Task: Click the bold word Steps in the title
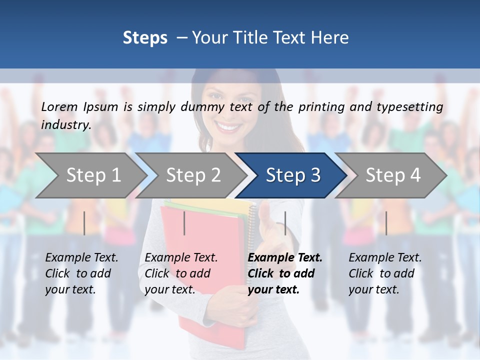pyautogui.click(x=145, y=38)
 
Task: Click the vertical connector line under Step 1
pyautogui.click(x=84, y=223)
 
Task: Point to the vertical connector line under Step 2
pyautogui.click(x=184, y=223)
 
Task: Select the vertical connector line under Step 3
pyautogui.click(x=285, y=223)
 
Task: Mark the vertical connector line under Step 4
pyautogui.click(x=386, y=223)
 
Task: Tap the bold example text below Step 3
pyautogui.click(x=284, y=273)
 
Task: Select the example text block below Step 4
pyautogui.click(x=384, y=273)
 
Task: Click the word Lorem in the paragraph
pyautogui.click(x=59, y=107)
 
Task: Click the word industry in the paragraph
pyautogui.click(x=65, y=125)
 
